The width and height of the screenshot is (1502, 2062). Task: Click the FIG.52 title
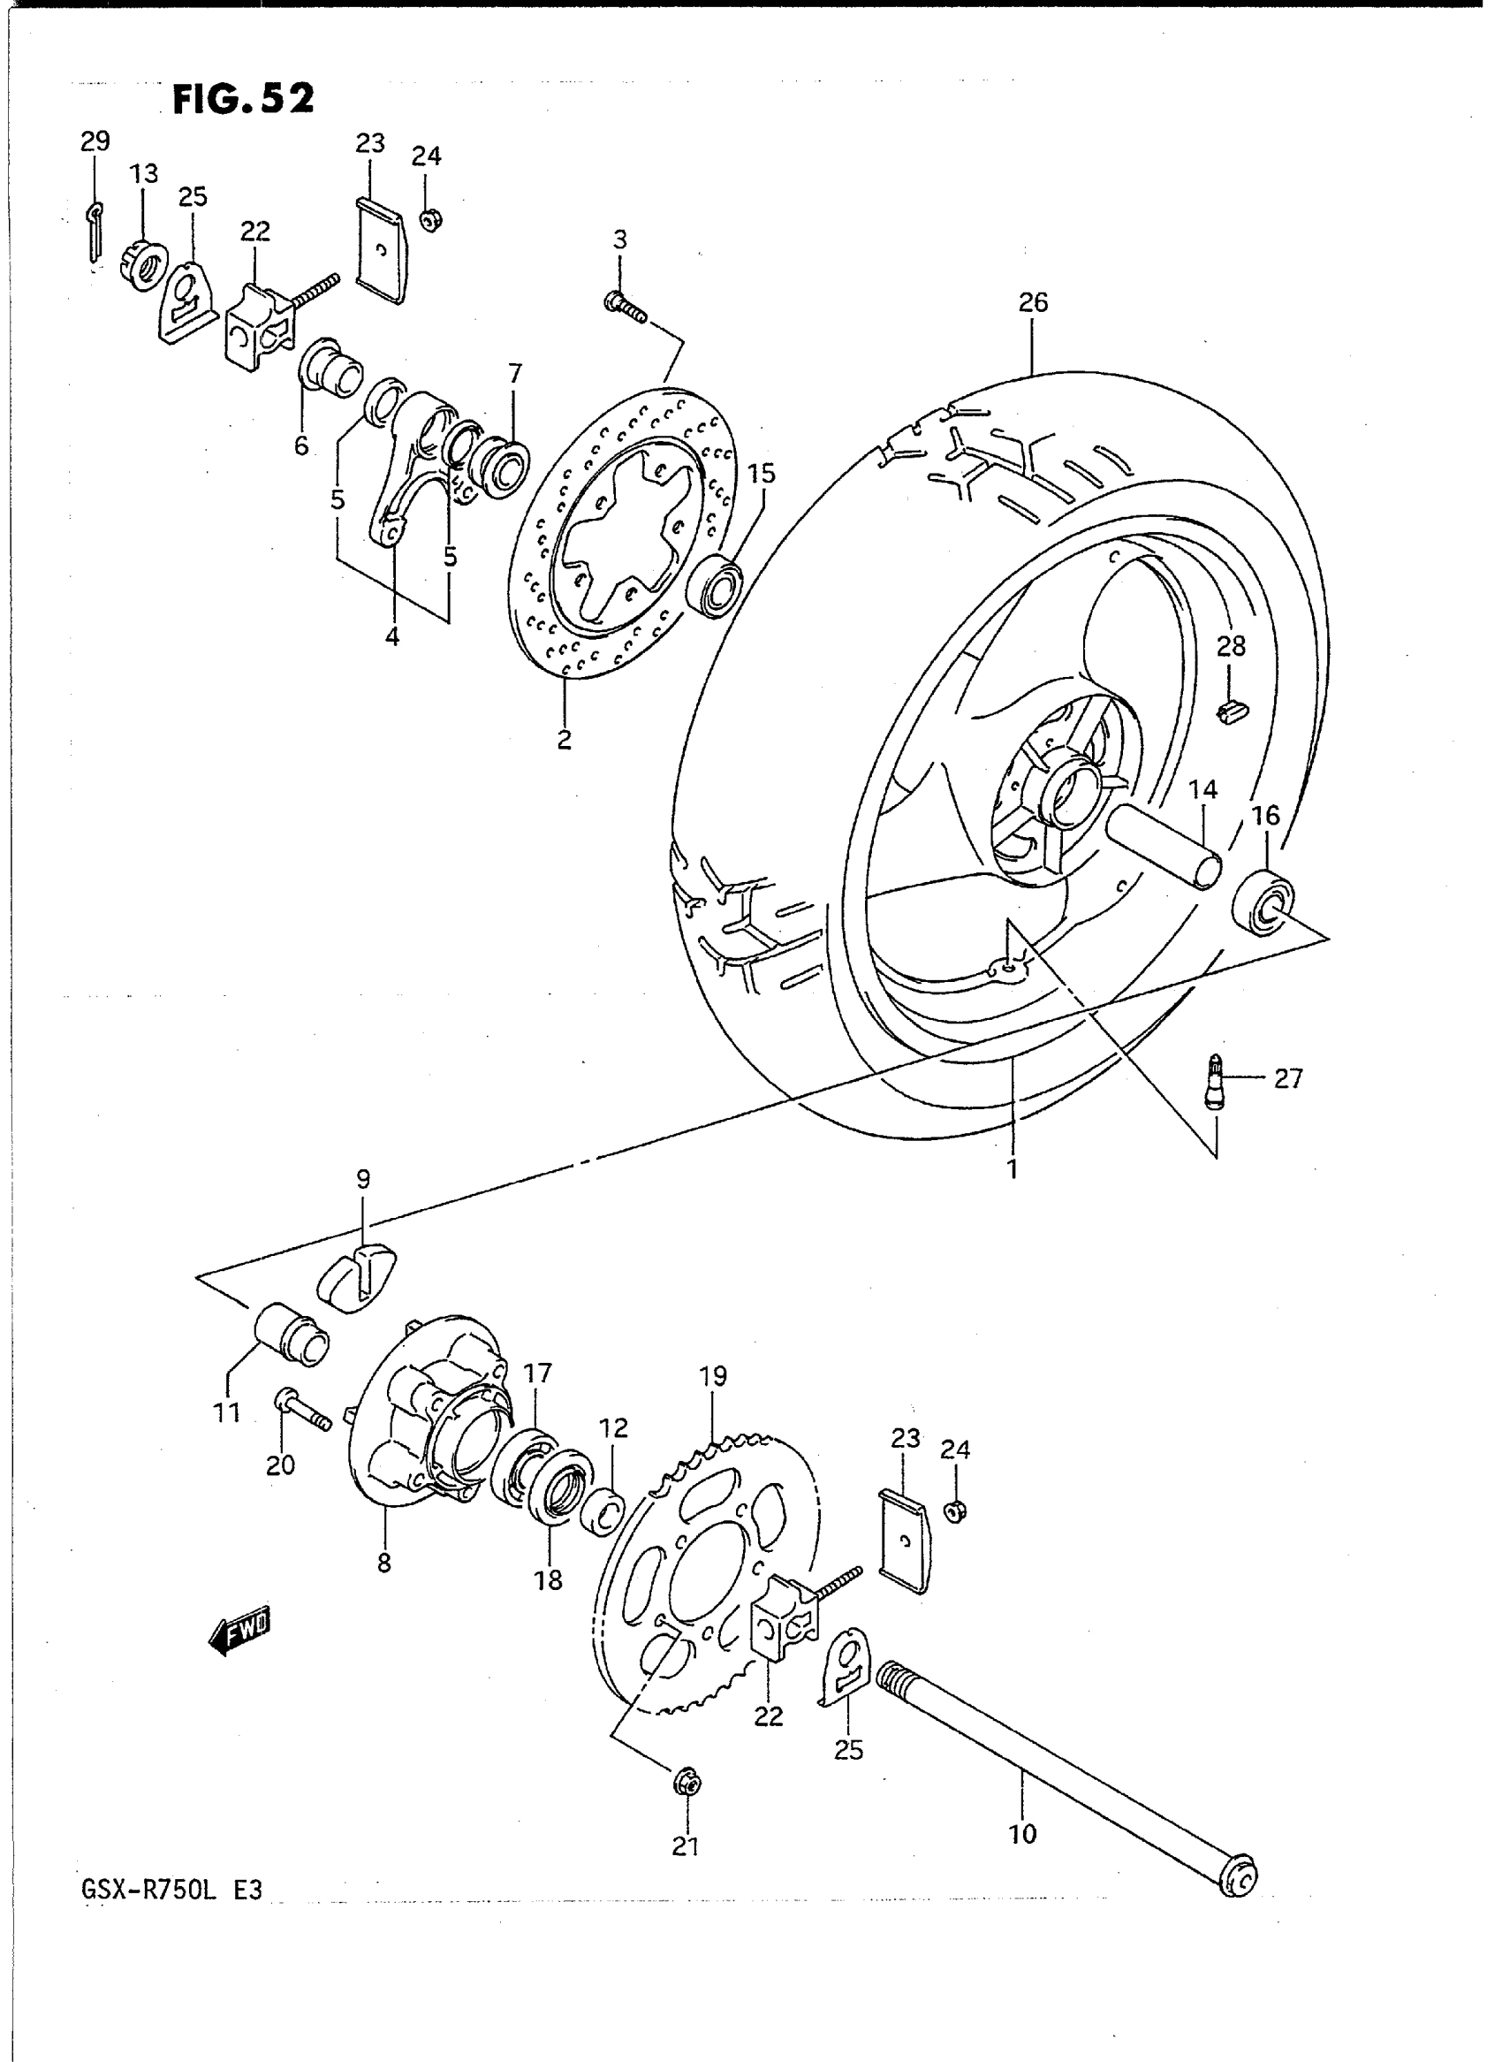243,98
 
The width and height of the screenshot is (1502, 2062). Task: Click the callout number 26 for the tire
1033,302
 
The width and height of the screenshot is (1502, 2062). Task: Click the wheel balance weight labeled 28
1232,712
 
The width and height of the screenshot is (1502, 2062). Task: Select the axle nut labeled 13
143,263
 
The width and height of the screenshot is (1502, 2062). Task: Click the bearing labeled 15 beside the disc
717,585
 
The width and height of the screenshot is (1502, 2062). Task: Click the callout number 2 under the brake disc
565,740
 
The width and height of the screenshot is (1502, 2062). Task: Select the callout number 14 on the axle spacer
1202,789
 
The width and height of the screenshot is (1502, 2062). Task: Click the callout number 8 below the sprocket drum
383,1563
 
